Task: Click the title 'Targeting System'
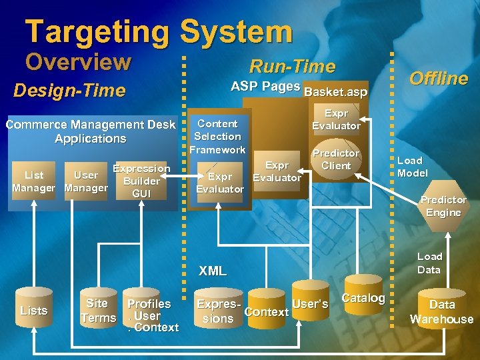[x=159, y=32]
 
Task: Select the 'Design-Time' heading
[x=69, y=90]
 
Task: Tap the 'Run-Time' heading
[x=292, y=66]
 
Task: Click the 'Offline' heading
[x=438, y=78]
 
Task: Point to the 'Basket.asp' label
[x=335, y=91]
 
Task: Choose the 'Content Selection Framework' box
[x=217, y=136]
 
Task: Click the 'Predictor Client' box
[x=336, y=159]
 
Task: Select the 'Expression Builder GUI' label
[x=141, y=181]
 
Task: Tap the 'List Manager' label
[x=34, y=181]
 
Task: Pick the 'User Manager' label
[x=86, y=181]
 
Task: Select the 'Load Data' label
[x=429, y=263]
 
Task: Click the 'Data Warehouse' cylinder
[x=441, y=311]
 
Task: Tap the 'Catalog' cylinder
[x=363, y=299]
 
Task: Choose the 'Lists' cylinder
[x=34, y=311]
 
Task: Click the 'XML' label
[x=213, y=271]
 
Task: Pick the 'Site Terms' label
[x=98, y=311]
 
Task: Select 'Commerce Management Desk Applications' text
[x=91, y=131]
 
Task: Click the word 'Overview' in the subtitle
[x=78, y=62]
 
